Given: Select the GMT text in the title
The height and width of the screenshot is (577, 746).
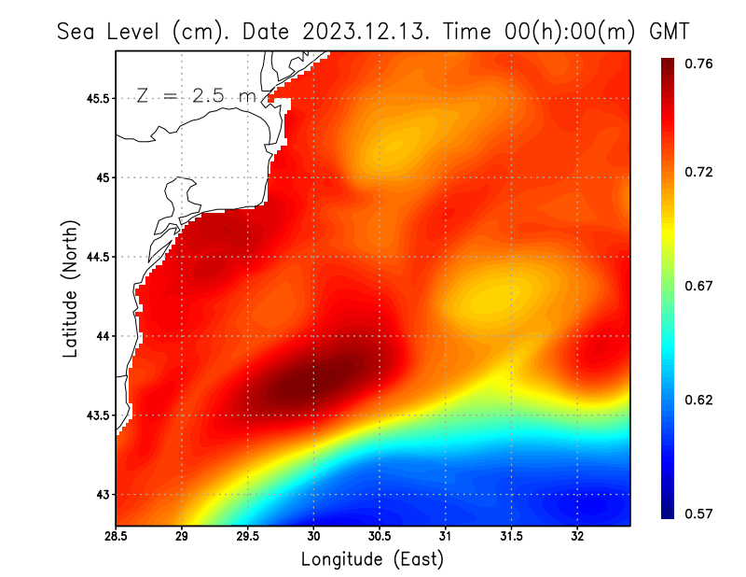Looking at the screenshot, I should pyautogui.click(x=669, y=31).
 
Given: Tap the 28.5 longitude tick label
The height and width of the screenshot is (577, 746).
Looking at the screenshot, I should pyautogui.click(x=116, y=537).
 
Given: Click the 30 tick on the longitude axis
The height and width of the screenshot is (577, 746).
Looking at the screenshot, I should pyautogui.click(x=314, y=537).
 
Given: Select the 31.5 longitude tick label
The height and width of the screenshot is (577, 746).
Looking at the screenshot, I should pyautogui.click(x=512, y=537).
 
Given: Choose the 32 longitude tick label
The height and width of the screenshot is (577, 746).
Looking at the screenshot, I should pyautogui.click(x=578, y=537).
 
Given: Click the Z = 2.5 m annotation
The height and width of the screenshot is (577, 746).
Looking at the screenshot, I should pyautogui.click(x=194, y=95).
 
